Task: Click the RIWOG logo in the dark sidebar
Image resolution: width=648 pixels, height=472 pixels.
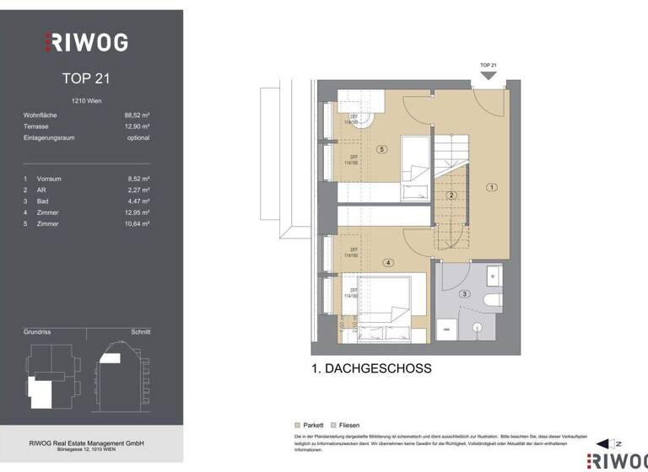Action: tap(86, 41)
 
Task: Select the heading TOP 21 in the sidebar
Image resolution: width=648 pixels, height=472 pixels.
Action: tap(86, 78)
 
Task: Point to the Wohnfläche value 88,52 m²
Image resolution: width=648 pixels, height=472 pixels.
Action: tap(137, 115)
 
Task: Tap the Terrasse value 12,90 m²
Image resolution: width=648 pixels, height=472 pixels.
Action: tap(137, 126)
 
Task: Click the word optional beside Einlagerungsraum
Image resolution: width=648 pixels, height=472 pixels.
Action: tap(138, 137)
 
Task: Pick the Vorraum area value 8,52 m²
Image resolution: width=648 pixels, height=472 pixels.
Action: tap(138, 179)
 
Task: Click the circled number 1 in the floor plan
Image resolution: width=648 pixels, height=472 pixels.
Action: tap(492, 187)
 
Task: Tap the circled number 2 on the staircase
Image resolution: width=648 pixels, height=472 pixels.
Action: tap(451, 196)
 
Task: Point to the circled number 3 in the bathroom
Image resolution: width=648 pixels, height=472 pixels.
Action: tap(464, 293)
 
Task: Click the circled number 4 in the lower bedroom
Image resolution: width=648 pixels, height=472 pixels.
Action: tap(388, 262)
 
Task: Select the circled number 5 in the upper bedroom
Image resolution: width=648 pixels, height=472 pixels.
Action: tap(382, 149)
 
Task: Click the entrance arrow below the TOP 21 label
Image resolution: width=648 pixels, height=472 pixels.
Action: tap(488, 75)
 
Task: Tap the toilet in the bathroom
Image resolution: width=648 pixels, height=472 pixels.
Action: tap(493, 299)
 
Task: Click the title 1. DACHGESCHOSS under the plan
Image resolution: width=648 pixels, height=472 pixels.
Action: tap(371, 368)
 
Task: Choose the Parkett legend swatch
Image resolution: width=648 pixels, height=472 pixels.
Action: tap(297, 426)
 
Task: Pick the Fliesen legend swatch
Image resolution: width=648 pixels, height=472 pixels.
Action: tap(334, 426)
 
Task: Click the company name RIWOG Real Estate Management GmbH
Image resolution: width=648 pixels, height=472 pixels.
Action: tap(86, 443)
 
